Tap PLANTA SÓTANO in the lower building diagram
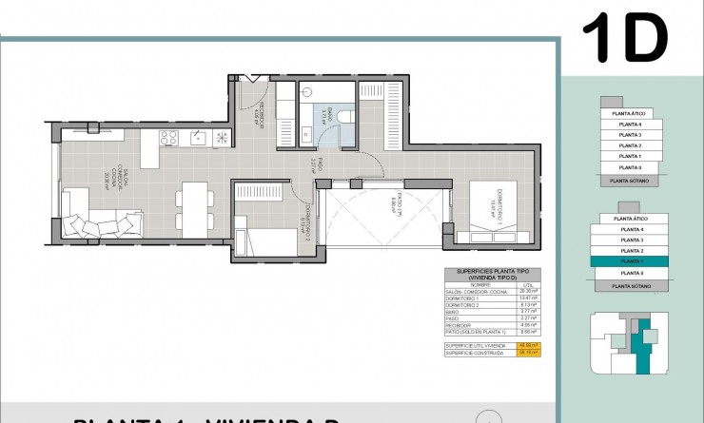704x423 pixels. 629,285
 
